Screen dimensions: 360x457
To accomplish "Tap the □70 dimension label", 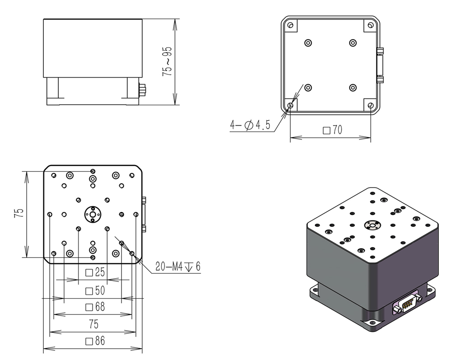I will pos(333,131).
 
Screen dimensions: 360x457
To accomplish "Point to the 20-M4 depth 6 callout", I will pos(177,267).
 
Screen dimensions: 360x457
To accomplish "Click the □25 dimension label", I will pos(95,272).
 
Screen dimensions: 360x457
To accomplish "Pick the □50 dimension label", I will pos(95,290).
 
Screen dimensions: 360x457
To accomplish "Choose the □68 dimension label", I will pos(95,307).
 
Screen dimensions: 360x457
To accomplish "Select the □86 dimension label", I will pos(95,341).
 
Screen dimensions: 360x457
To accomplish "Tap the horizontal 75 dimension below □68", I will pos(93,324).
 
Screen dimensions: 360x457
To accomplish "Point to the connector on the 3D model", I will pos(408,303).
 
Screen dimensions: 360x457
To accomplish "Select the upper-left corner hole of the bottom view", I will pos(290,25).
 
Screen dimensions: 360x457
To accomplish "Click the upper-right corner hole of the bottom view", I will pos(371,25).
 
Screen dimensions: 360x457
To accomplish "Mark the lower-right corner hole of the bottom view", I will pos(371,106).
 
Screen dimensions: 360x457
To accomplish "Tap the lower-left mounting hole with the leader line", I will pos(290,106).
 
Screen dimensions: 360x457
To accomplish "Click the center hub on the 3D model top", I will pos(373,224).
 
